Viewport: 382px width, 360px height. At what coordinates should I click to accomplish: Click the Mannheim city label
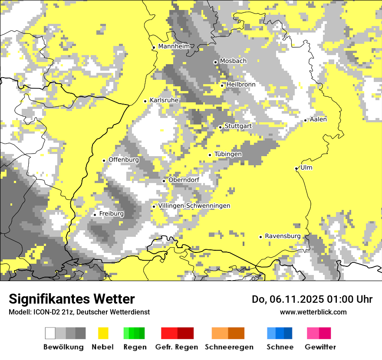tap(174, 46)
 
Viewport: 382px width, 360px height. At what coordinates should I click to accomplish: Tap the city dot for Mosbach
tap(215, 62)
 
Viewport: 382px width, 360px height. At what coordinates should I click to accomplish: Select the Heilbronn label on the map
tap(241, 85)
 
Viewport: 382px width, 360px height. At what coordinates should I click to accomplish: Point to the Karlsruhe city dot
tap(145, 101)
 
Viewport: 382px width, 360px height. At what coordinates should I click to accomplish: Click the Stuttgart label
tap(238, 126)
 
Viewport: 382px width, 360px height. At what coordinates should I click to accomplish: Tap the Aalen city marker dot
tap(306, 120)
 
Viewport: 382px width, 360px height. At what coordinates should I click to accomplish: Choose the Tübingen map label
tap(228, 154)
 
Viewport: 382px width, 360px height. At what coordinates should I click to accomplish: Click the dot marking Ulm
tap(296, 168)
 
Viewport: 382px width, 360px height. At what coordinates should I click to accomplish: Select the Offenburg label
tap(124, 160)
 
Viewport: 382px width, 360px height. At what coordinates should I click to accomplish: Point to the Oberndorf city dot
tap(164, 181)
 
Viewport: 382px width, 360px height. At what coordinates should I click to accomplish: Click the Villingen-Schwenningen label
tap(194, 206)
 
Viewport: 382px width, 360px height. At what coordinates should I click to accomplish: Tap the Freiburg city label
tap(111, 214)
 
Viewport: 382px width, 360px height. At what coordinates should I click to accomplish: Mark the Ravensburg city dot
tap(260, 237)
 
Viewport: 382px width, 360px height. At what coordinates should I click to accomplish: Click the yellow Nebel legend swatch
tap(103, 333)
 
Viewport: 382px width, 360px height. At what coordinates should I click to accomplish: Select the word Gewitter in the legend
tap(320, 347)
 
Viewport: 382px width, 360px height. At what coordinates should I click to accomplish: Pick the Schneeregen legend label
tap(229, 347)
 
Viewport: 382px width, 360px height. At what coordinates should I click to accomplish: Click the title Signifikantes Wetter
tap(72, 299)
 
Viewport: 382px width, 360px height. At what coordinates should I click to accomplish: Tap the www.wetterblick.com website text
tap(313, 312)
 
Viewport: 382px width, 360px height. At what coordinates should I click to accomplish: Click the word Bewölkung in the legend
tap(63, 347)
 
